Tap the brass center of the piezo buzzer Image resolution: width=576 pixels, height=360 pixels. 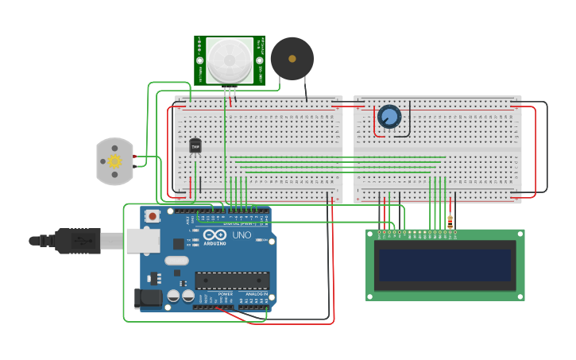(x=292, y=59)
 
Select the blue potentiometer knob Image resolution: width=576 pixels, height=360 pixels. (x=389, y=117)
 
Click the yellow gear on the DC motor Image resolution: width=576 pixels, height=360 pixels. (x=114, y=161)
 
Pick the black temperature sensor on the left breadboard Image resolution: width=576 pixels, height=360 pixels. (x=195, y=145)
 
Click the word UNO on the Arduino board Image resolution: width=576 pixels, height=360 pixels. (x=241, y=235)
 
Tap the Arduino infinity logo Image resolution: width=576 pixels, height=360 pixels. (x=215, y=235)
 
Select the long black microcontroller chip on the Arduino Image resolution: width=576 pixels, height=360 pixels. (x=232, y=280)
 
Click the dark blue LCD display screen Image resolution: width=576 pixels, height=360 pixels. (x=445, y=265)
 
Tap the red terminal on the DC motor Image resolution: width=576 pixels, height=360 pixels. (x=136, y=157)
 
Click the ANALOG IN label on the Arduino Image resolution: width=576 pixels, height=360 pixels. (x=257, y=293)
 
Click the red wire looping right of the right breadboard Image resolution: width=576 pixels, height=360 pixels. (x=535, y=151)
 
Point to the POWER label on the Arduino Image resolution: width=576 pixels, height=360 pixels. (x=226, y=293)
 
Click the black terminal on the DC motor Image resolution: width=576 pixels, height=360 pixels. (x=136, y=166)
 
